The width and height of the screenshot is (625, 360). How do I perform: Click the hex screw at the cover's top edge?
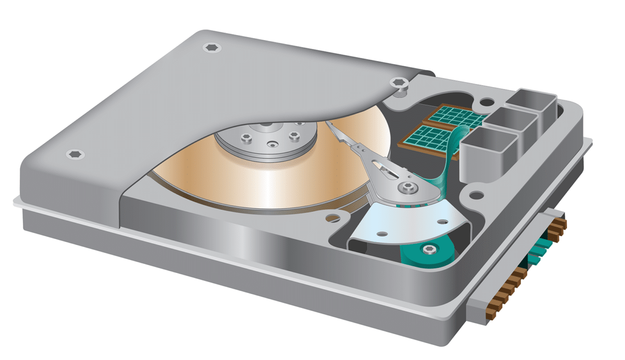(211, 47)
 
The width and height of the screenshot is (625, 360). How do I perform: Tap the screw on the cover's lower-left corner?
(73, 154)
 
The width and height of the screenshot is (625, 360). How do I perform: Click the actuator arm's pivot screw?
(405, 186)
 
